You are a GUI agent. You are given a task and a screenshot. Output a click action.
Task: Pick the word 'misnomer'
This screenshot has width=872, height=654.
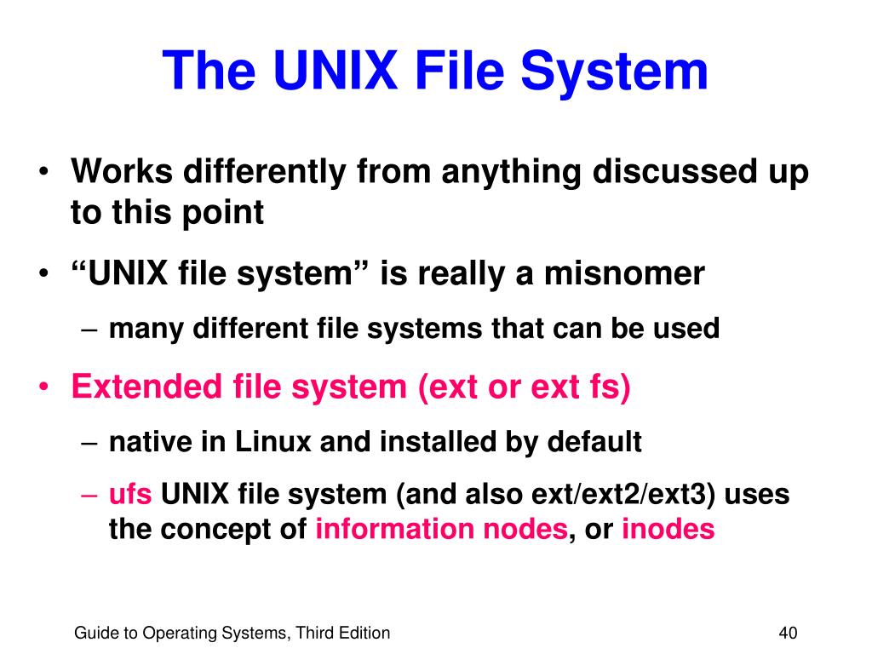[624, 273]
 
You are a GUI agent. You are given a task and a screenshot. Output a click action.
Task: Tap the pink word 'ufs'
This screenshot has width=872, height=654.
[129, 495]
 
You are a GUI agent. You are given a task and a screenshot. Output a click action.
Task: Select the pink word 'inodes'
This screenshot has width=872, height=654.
[668, 529]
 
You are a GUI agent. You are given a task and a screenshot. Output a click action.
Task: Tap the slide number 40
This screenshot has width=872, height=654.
[787, 633]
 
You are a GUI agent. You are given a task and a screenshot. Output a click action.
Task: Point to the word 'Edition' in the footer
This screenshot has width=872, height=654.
[362, 633]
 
